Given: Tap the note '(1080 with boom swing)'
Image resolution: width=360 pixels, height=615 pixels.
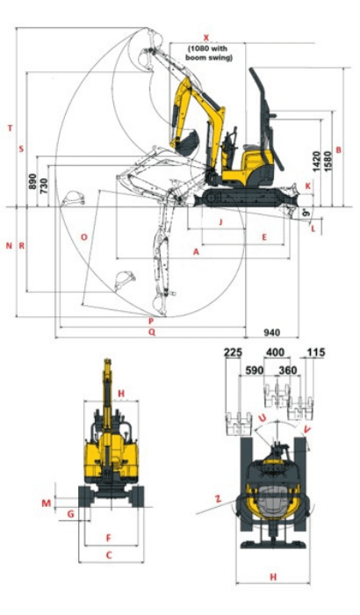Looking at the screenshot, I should [210, 53].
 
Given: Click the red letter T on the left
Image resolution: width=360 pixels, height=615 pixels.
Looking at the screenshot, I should [10, 127].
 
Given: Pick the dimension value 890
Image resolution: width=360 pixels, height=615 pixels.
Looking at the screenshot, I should [32, 182].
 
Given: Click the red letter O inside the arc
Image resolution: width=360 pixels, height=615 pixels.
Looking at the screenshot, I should [83, 237].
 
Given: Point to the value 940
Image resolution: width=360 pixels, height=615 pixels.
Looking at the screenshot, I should [273, 333].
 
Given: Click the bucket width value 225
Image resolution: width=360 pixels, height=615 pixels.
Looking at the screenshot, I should [233, 353].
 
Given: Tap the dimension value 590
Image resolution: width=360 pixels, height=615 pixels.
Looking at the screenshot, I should [255, 370].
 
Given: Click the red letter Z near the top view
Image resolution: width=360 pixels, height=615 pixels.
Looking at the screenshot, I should [216, 498].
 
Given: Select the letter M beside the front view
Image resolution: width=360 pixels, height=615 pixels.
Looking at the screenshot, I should [46, 503].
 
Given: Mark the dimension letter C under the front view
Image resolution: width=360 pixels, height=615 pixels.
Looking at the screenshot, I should [109, 554].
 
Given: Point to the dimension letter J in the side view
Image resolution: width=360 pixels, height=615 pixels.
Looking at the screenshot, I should [220, 222].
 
